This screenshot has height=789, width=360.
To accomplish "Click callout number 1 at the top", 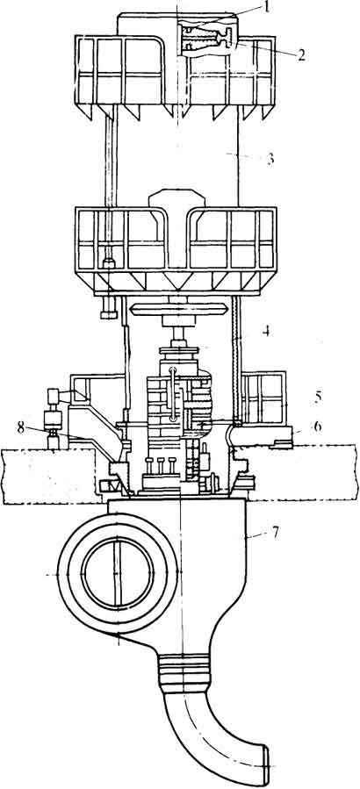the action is pos(267,9).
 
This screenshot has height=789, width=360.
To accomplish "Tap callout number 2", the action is pos(301,54).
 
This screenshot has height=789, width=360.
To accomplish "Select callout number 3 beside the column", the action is pos(270,159).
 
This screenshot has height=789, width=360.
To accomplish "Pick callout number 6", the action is pos(317,427).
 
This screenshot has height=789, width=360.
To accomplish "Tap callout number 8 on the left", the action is pos(20,427).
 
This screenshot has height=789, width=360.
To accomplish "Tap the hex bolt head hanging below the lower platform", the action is pos(109,314).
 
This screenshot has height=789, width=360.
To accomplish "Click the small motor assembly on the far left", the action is pos(54,419).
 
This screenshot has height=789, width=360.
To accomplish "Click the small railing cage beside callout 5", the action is pos(263,398).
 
